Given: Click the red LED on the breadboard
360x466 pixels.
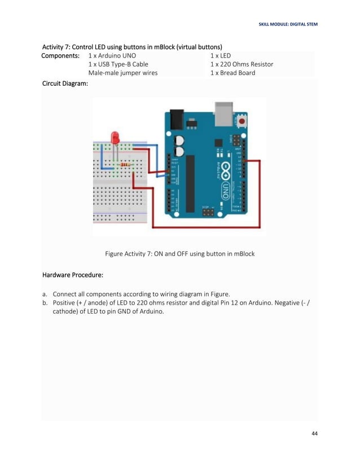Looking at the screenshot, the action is pyautogui.click(x=116, y=138).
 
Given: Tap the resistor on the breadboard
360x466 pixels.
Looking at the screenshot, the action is pyautogui.click(x=125, y=165).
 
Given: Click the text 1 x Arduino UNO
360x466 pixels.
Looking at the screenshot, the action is pyautogui.click(x=112, y=56).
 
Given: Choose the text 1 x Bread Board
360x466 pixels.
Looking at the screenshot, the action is pyautogui.click(x=232, y=73).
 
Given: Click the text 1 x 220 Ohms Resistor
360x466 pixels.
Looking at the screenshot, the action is pyautogui.click(x=242, y=64).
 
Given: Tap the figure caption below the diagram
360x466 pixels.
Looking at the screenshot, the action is pyautogui.click(x=180, y=254).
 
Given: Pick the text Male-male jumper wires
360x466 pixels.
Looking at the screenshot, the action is pyautogui.click(x=123, y=73).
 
